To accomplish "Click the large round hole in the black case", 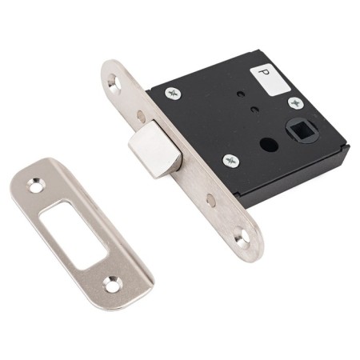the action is [x=269, y=144].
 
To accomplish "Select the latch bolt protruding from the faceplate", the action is [x=155, y=150].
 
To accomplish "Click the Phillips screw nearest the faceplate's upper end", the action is [x=173, y=94].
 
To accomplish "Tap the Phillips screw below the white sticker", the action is [x=295, y=103].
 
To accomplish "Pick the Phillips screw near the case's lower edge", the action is [x=230, y=161].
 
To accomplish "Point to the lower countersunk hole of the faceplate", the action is [x=242, y=234].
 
